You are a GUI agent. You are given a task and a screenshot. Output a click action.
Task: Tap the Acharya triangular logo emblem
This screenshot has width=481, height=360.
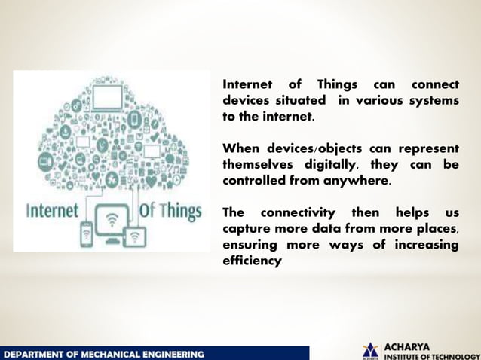[x=370, y=351]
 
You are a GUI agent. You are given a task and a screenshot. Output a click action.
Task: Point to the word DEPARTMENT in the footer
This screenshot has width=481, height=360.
[x=35, y=353]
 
